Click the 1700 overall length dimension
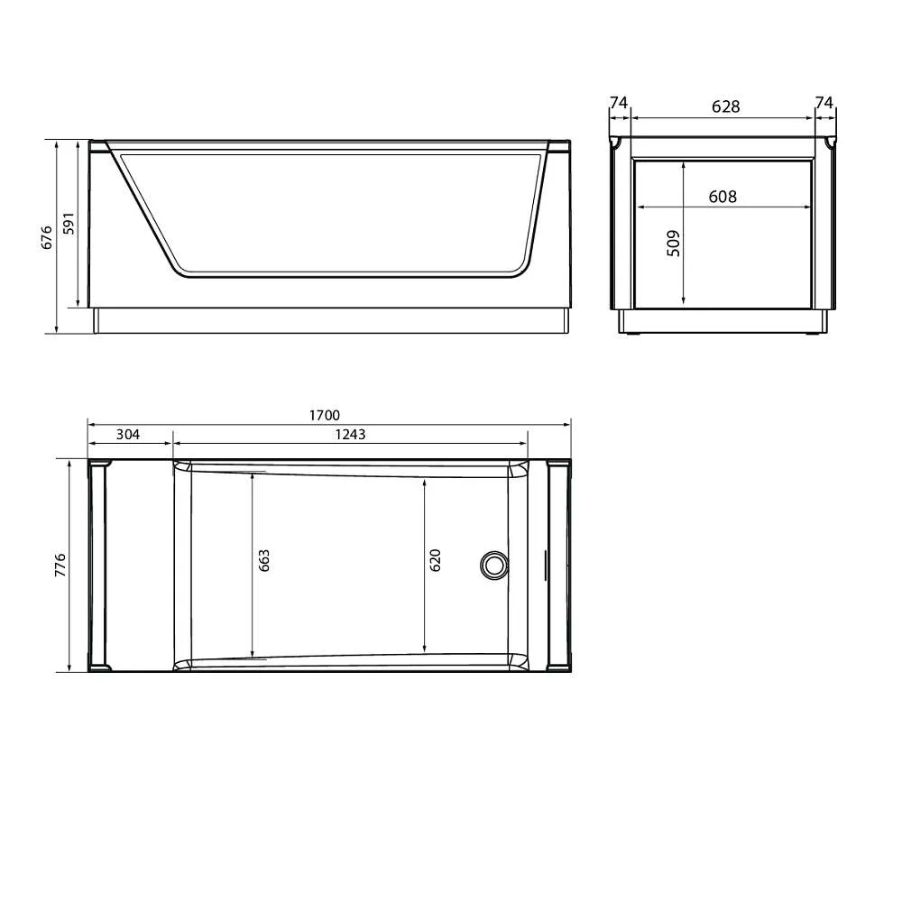tap(324, 415)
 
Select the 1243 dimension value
tap(350, 434)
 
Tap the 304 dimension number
tap(128, 434)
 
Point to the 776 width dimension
tap(60, 565)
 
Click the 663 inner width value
tap(264, 560)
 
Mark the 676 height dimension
tap(47, 236)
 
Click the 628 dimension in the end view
tap(725, 106)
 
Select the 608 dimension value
tap(723, 197)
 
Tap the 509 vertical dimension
tap(673, 244)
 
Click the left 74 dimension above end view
tap(618, 104)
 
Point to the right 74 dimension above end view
tap(824, 104)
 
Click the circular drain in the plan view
tap(493, 565)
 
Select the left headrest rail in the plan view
tap(98, 566)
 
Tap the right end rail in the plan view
tap(559, 566)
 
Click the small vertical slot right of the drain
tap(544, 566)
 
